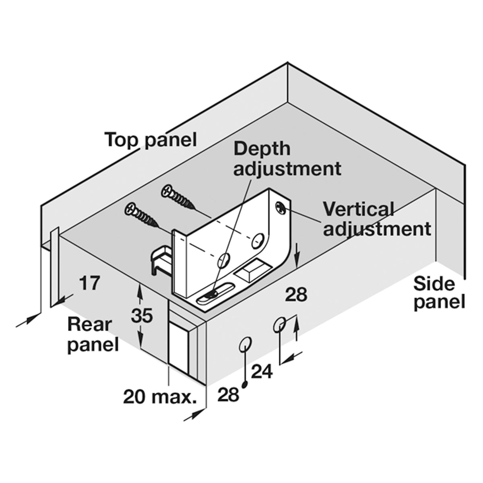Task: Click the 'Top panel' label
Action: (x=151, y=140)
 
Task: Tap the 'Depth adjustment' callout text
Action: (x=287, y=159)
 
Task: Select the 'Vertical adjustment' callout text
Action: (x=377, y=220)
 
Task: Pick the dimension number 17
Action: (x=89, y=283)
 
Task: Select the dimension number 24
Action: (x=262, y=371)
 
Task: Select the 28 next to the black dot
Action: (x=228, y=402)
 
